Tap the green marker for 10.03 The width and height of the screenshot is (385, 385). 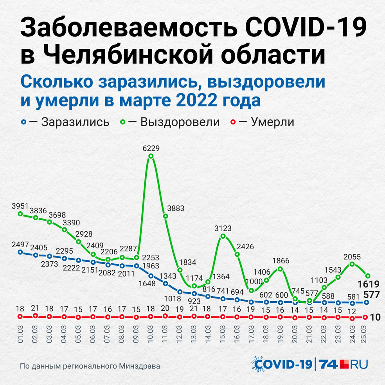[x=151, y=157]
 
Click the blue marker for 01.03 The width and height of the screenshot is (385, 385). [x=21, y=252]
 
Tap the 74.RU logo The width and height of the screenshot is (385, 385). [x=344, y=364]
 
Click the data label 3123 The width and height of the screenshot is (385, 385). [x=223, y=228]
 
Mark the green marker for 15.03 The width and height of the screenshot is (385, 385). [x=223, y=236]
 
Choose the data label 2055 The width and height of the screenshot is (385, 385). [x=353, y=257]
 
